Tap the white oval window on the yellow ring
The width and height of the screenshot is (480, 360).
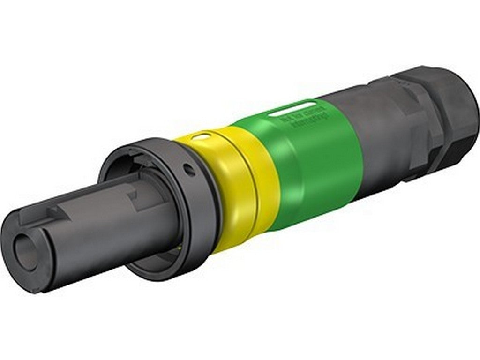click(202, 137)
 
